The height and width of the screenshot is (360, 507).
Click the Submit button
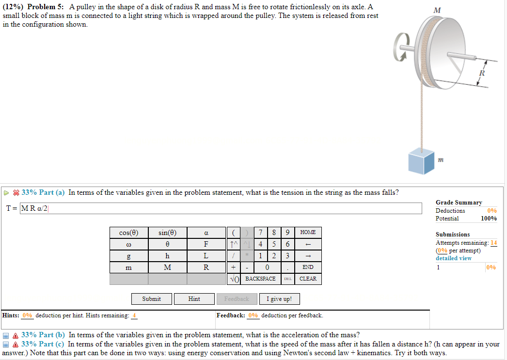tap(151, 299)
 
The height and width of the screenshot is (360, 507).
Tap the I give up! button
tap(279, 299)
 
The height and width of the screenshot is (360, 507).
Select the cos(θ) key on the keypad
tap(128, 233)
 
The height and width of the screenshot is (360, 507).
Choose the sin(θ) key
tap(167, 233)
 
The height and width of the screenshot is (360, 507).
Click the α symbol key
tap(206, 233)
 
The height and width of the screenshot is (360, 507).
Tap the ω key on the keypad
tap(128, 244)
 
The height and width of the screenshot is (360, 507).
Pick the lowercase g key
tap(128, 256)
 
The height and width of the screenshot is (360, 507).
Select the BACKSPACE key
tap(260, 279)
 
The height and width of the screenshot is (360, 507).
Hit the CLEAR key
tap(308, 279)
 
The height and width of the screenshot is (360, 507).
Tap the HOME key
tap(308, 233)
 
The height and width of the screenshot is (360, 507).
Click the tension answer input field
tap(221, 208)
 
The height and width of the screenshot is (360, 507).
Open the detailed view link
tap(453, 258)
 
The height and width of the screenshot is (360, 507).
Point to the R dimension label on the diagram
tap(482, 73)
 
